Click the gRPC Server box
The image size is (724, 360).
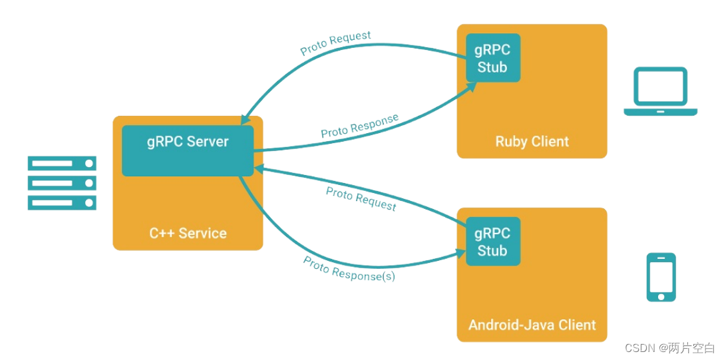click(x=188, y=150)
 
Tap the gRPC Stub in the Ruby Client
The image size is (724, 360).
click(x=492, y=58)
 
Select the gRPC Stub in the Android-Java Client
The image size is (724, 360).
click(x=492, y=242)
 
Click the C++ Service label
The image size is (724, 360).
click(x=188, y=234)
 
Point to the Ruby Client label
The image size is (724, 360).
click(x=532, y=142)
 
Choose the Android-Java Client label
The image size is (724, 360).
click(x=532, y=325)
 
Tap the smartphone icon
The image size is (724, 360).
click(x=661, y=277)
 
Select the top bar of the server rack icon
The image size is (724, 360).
click(x=62, y=163)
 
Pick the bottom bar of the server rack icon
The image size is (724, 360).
click(x=62, y=202)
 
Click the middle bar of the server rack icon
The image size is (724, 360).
click(x=62, y=183)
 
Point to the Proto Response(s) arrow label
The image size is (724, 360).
click(x=349, y=268)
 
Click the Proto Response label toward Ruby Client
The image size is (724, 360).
click(x=359, y=126)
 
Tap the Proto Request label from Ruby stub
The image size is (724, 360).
click(x=335, y=43)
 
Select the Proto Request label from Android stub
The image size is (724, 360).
click(x=361, y=198)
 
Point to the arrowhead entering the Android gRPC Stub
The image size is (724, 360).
click(x=460, y=252)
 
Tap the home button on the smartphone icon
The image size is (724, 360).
click(x=661, y=295)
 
